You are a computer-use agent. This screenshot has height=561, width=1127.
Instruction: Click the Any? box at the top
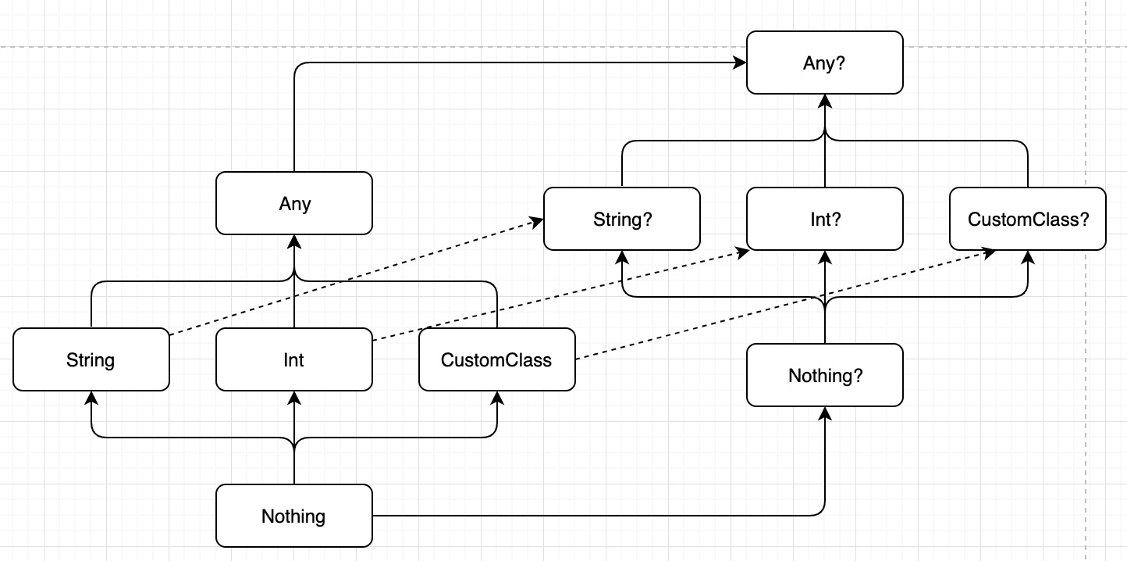pos(824,63)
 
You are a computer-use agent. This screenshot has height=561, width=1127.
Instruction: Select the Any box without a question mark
pos(294,203)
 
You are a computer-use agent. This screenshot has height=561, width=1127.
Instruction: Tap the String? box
pos(621,219)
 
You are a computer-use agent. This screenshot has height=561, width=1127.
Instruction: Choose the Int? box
pos(824,219)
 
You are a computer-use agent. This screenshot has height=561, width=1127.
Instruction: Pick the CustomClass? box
pos(1027,219)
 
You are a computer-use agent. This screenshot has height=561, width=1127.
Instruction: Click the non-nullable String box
pos(91,359)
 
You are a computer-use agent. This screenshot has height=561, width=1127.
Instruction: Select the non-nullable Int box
pos(294,359)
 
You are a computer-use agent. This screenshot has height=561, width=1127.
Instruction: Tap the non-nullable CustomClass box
pos(496,359)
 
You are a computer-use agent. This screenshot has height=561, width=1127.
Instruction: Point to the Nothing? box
pos(824,375)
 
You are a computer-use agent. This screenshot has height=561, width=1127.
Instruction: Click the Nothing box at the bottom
pos(294,516)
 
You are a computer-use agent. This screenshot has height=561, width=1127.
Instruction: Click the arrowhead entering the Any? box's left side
pos(740,63)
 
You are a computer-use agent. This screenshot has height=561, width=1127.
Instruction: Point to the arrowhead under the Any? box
pos(825,101)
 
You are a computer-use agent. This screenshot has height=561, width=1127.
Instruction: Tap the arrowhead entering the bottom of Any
pos(294,241)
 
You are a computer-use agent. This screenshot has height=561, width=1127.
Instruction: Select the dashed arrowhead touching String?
pos(537,222)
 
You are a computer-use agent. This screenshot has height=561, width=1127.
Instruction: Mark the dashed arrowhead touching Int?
pos(742,252)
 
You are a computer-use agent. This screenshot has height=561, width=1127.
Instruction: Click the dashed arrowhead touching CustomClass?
pos(989,252)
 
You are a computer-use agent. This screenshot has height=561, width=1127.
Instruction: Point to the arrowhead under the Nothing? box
pos(825,413)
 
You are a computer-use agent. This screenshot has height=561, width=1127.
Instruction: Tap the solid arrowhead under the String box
pos(91,398)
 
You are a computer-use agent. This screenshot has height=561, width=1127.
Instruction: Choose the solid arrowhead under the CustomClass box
pos(497,398)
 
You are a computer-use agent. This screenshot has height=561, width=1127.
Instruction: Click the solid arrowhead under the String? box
pos(622,257)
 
